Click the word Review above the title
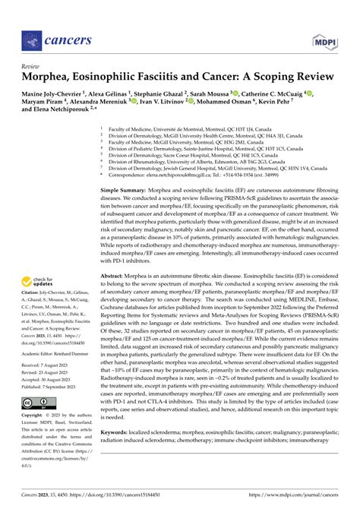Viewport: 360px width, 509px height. click(x=31, y=67)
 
